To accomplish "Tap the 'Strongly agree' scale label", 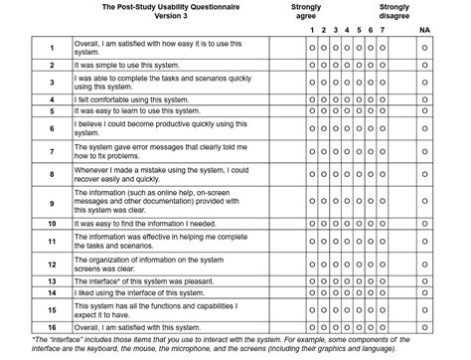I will [x=306, y=11].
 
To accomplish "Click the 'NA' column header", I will [x=424, y=31].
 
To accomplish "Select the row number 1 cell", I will [x=51, y=48].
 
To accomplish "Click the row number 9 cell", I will [x=51, y=203].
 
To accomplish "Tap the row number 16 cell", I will [x=51, y=326].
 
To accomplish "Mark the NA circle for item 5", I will [x=424, y=111].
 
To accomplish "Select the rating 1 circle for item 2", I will [x=312, y=65].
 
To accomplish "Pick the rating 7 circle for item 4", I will [x=382, y=98].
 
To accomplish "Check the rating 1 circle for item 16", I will [x=312, y=326].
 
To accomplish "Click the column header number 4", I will [x=347, y=31].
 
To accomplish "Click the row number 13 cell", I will [x=51, y=280].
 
